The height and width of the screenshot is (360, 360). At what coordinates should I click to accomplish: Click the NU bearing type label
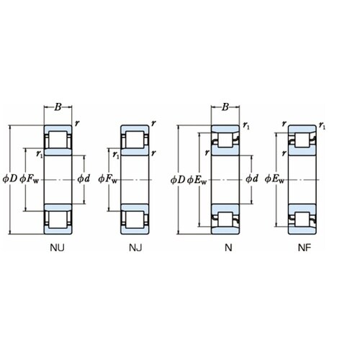click(57, 248)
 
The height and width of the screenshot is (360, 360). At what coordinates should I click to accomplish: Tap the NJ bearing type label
click(135, 248)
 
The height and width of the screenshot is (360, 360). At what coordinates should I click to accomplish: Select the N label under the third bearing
click(228, 248)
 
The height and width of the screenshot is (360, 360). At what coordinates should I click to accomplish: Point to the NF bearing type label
click(305, 248)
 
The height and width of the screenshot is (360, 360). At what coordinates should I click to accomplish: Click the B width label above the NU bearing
click(58, 107)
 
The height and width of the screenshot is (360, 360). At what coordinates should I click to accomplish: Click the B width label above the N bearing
click(225, 107)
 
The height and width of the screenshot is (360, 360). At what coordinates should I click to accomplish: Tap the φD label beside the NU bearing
click(10, 179)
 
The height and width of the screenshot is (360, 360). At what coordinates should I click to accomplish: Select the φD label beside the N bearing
click(178, 179)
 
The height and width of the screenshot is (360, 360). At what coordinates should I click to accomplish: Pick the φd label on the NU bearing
click(84, 179)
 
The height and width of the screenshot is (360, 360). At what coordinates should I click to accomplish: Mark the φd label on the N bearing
click(252, 179)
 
